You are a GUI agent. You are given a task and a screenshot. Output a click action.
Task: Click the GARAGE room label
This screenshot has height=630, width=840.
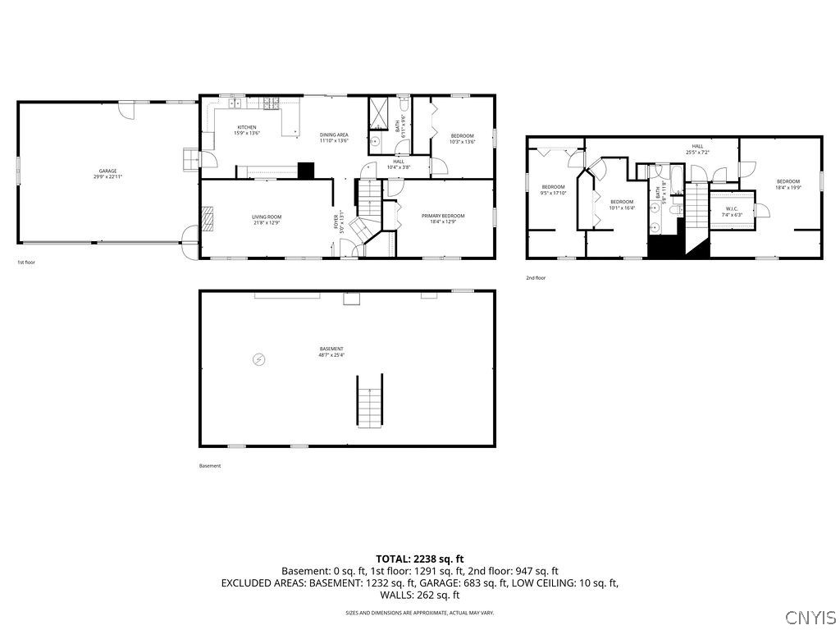pos(107,171)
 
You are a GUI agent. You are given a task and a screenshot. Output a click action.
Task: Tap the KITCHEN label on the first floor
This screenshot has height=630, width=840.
pos(247,127)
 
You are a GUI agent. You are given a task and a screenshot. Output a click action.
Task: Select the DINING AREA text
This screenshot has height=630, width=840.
pos(334,135)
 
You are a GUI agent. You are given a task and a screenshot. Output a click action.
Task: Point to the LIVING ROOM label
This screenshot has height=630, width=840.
pos(267,217)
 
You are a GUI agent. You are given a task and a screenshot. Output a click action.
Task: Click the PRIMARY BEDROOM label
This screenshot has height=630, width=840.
pos(443,216)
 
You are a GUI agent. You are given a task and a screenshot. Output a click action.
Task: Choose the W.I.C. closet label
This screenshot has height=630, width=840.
pos(732,208)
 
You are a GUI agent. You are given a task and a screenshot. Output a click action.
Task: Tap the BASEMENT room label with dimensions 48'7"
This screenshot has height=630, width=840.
pos(331,349)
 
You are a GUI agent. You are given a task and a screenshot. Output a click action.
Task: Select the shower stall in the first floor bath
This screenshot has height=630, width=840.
pos(380,112)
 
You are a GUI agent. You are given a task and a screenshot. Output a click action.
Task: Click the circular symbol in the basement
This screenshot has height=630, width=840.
pos(259,359)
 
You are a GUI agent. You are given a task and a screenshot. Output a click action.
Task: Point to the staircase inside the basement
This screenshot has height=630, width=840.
pos(369,401)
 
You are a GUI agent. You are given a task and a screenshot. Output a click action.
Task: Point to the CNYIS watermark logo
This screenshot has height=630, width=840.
pos(810,617)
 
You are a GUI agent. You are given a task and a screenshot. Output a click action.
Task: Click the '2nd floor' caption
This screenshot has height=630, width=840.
pos(536,278)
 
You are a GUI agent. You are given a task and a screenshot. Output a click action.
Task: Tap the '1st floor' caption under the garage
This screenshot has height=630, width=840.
pos(26,262)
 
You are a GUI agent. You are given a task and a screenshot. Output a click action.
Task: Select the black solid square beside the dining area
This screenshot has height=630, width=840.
pos(305,171)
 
